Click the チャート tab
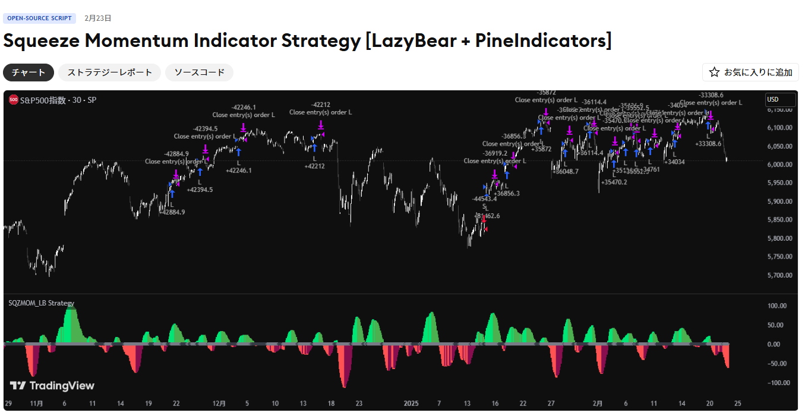tap(29, 73)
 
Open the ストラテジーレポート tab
tap(109, 73)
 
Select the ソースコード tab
tap(199, 73)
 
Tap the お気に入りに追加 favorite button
tap(750, 73)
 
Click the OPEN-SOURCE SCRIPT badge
tap(39, 18)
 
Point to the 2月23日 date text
tap(98, 18)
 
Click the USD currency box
tap(779, 100)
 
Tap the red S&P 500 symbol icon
tap(13, 100)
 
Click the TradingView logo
tap(52, 386)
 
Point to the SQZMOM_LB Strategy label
tap(42, 303)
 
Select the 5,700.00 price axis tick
tap(779, 275)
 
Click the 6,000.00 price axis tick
tap(779, 165)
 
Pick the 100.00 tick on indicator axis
tap(777, 306)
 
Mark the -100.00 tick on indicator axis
tap(776, 383)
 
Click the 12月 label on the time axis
tap(219, 404)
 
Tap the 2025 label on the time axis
tap(411, 404)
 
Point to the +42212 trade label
tap(314, 166)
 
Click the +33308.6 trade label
tap(708, 143)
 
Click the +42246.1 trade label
tap(238, 171)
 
